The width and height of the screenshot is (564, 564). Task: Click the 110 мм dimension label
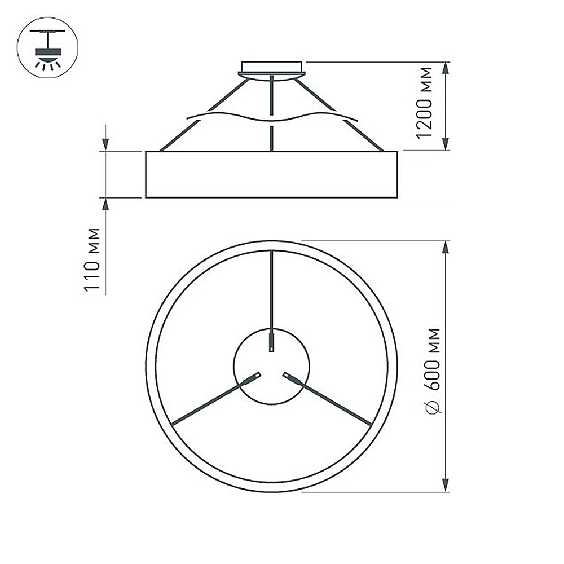tap(92, 259)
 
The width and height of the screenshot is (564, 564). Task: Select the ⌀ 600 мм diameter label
tap(432, 371)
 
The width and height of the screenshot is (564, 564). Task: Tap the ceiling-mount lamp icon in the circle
tap(47, 47)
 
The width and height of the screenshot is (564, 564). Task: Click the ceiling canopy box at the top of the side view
tap(272, 67)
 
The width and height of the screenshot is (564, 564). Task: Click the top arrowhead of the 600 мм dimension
tap(446, 248)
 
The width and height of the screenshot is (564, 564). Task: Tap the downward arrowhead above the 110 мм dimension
tap(105, 143)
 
